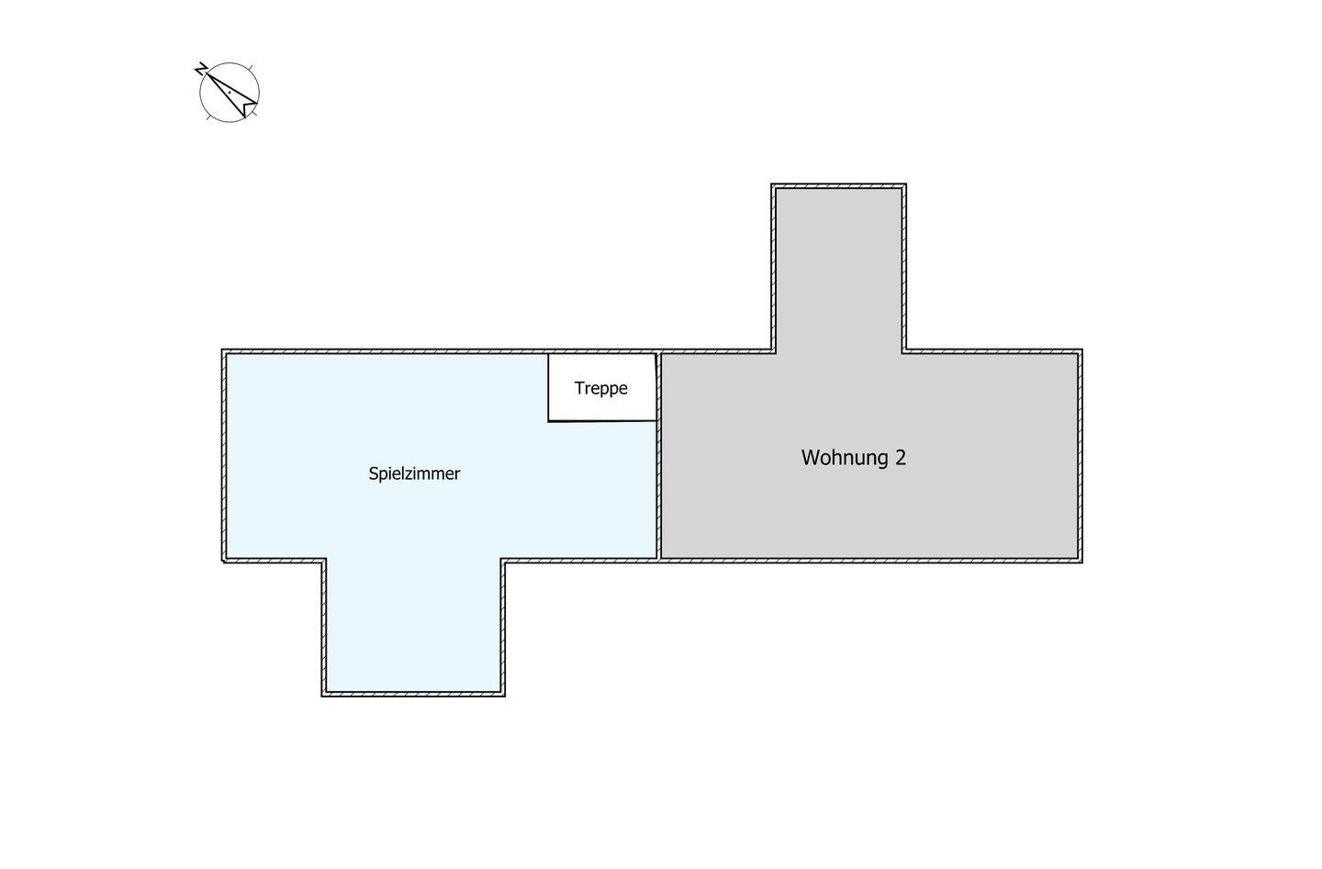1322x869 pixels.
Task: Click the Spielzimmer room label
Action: pyautogui.click(x=414, y=473)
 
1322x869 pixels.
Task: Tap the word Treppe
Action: pyautogui.click(x=600, y=388)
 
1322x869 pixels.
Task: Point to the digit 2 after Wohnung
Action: pyautogui.click(x=901, y=458)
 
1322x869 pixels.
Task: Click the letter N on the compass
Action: pyautogui.click(x=201, y=69)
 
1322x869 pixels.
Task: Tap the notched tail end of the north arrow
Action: pyautogui.click(x=250, y=108)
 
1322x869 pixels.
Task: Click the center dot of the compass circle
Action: pyautogui.click(x=230, y=93)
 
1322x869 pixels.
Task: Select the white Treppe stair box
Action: pyautogui.click(x=602, y=387)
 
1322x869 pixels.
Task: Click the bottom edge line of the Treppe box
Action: pyautogui.click(x=602, y=421)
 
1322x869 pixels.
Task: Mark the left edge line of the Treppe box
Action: pyautogui.click(x=548, y=387)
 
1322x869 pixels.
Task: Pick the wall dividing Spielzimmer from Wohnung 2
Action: pyautogui.click(x=659, y=455)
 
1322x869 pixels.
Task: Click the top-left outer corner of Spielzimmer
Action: pyautogui.click(x=222, y=350)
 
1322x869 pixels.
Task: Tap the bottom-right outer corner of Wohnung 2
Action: pyautogui.click(x=1082, y=563)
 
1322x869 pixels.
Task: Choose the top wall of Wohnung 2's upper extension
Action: pyautogui.click(x=839, y=186)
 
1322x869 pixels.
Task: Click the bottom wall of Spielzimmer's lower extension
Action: pyautogui.click(x=413, y=695)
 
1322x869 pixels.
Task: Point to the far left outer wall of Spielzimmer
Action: pyautogui.click(x=224, y=455)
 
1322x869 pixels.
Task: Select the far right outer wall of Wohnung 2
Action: pyautogui.click(x=1080, y=456)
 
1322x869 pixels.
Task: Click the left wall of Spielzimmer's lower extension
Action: pyautogui.click(x=323, y=628)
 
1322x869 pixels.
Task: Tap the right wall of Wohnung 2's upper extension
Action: pyautogui.click(x=903, y=269)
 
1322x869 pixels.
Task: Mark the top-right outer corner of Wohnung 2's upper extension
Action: pyautogui.click(x=906, y=184)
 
